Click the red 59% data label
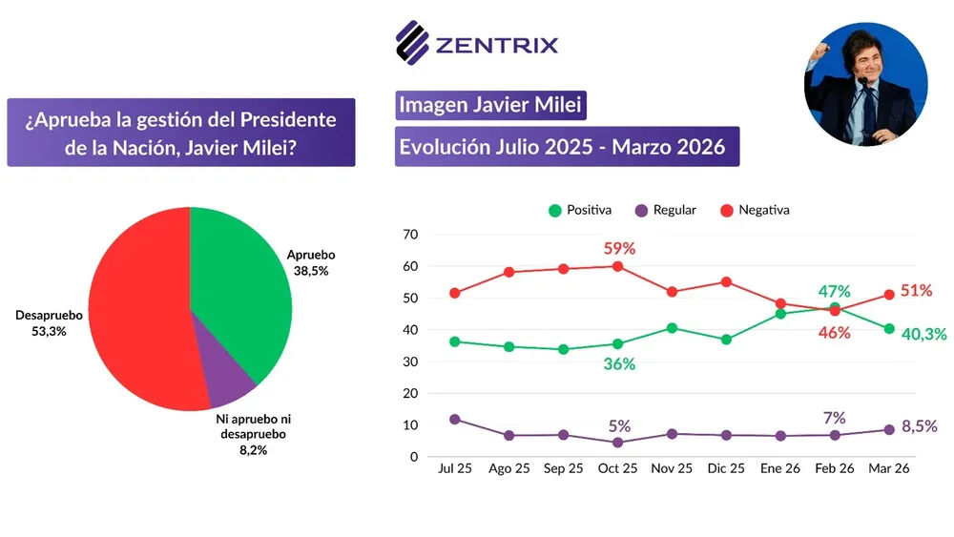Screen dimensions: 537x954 [619, 249]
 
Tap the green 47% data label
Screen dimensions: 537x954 [833, 291]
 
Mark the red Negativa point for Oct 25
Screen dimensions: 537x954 [617, 266]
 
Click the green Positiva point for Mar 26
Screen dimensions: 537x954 [888, 329]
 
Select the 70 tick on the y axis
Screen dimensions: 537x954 [409, 235]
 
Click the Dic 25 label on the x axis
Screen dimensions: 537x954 [726, 469]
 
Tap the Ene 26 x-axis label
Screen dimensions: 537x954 [779, 469]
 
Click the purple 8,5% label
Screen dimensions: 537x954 [920, 427]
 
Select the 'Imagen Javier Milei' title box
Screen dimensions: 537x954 [489, 105]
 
